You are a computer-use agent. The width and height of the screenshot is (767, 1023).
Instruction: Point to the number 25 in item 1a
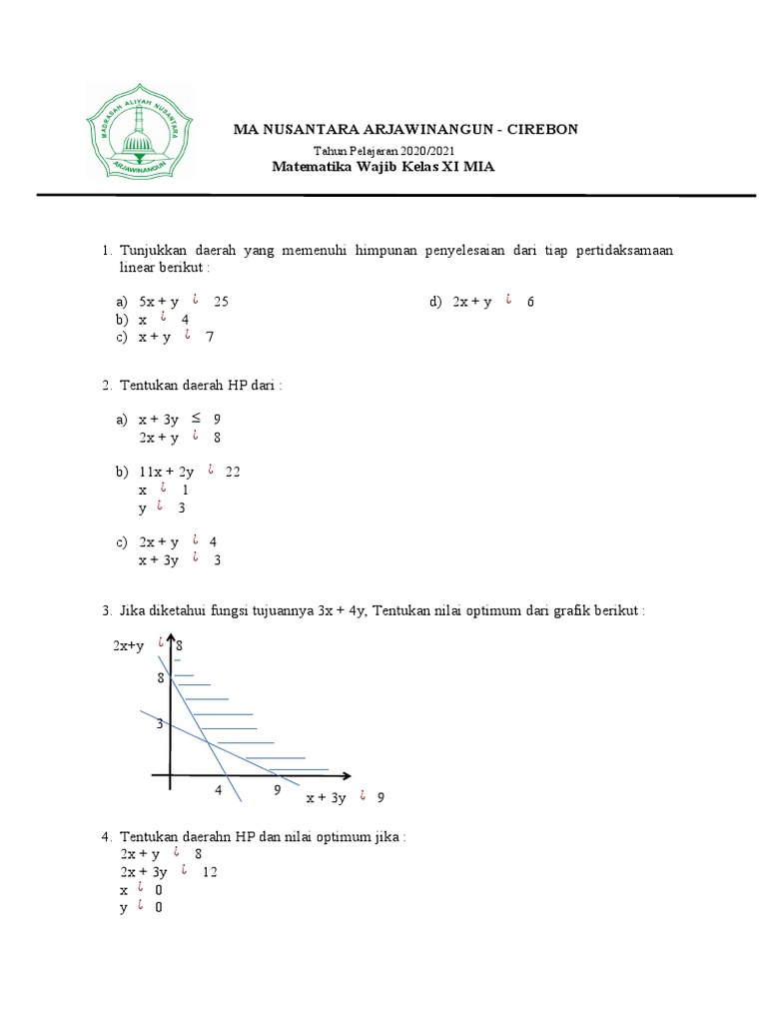pos(222,301)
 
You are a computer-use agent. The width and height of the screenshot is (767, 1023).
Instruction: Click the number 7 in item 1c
pos(210,338)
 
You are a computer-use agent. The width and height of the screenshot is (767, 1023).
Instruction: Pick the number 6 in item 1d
pos(530,301)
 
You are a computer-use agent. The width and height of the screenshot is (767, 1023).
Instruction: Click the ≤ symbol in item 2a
pos(197,418)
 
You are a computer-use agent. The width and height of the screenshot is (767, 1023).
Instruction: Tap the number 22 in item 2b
pos(233,472)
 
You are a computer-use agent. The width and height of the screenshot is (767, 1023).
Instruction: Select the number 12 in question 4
pos(210,871)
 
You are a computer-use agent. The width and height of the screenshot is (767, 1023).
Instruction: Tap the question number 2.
pos(105,385)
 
